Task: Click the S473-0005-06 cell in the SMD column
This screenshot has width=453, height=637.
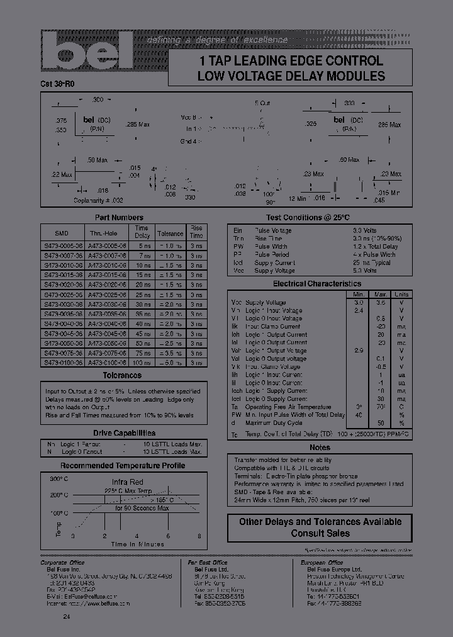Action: coord(62,245)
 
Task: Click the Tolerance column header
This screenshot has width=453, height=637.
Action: coord(170,233)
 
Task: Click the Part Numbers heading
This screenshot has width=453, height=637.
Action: coord(123,218)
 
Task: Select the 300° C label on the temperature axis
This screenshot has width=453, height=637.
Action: coord(57,479)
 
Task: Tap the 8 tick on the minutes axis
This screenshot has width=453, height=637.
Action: coord(199,536)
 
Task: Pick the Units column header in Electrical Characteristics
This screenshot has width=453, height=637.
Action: coord(400,294)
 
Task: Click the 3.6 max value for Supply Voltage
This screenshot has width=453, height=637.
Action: coord(381,303)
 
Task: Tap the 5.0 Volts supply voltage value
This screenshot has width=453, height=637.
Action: coord(365,271)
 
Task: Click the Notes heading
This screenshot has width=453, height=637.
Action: coord(320,448)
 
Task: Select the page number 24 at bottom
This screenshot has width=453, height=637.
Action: coord(67,616)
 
